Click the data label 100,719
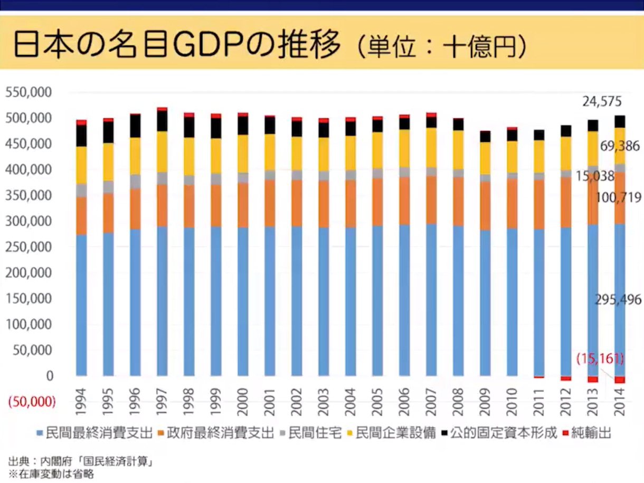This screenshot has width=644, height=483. pos(619,198)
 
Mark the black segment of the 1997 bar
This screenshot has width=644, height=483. pos(162,121)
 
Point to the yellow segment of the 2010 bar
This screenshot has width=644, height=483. pos(512,156)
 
